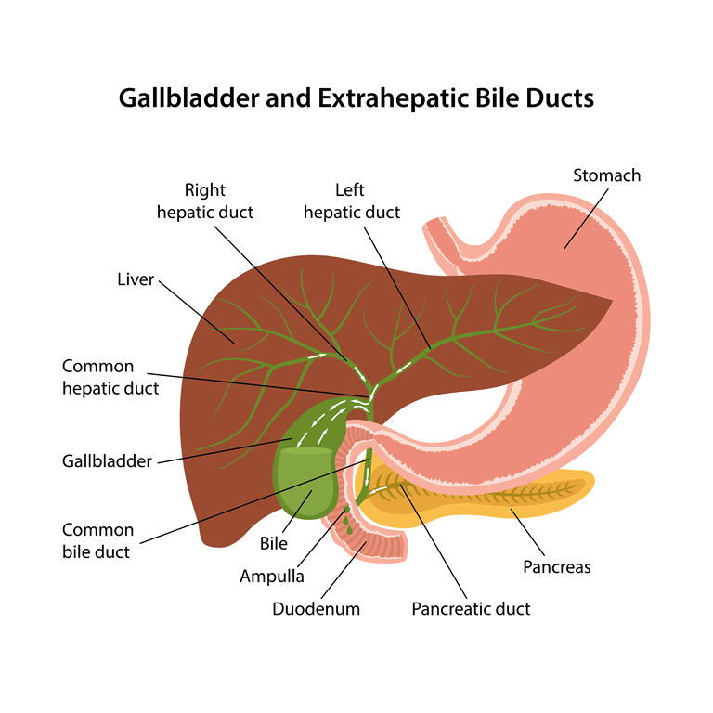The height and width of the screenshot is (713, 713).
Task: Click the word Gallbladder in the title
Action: pyautogui.click(x=188, y=97)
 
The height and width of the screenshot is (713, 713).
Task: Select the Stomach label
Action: pyautogui.click(x=606, y=175)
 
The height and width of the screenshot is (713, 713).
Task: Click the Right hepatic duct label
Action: pyautogui.click(x=205, y=201)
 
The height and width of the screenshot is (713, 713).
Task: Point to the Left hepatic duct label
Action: pyautogui.click(x=352, y=201)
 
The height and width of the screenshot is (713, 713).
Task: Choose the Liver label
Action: pyautogui.click(x=136, y=279)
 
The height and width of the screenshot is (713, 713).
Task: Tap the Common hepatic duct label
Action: pyautogui.click(x=110, y=378)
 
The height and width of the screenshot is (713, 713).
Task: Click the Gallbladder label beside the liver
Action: pyautogui.click(x=107, y=461)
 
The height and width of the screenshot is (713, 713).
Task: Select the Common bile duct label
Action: pyautogui.click(x=97, y=541)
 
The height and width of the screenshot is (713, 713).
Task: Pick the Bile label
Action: pyautogui.click(x=273, y=543)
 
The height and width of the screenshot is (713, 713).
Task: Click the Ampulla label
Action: pyautogui.click(x=272, y=577)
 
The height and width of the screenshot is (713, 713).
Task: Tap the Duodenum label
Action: pyautogui.click(x=316, y=609)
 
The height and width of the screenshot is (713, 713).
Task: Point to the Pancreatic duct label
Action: pyautogui.click(x=471, y=609)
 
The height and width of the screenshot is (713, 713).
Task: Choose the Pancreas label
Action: pyautogui.click(x=557, y=567)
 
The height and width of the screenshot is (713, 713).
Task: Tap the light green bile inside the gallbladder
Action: pyautogui.click(x=305, y=482)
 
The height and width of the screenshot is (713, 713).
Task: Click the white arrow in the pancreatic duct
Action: pyautogui.click(x=381, y=490)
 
